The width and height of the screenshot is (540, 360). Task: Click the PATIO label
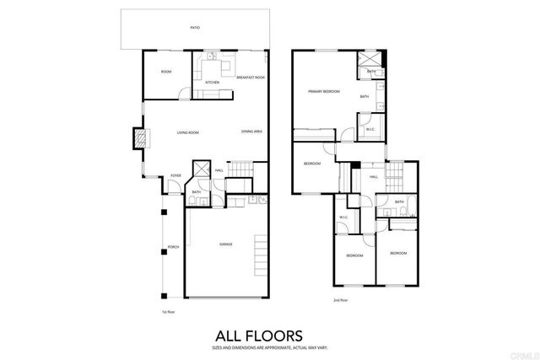click(195, 28)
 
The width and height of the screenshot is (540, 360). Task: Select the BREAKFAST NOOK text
click(251, 77)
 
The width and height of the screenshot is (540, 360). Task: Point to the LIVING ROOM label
click(187, 132)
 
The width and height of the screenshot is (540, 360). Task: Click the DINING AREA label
click(251, 132)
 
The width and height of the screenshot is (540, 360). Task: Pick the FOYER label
click(175, 175)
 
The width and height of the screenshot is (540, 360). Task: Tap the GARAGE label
click(225, 244)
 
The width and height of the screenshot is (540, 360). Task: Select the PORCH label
click(174, 247)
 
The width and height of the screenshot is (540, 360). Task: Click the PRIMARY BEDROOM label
click(324, 91)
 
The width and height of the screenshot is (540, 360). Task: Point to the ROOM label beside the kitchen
click(166, 72)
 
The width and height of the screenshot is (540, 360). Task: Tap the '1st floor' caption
click(168, 313)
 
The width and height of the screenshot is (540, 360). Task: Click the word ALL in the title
click(226, 335)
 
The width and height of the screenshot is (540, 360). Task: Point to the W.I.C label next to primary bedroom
click(370, 129)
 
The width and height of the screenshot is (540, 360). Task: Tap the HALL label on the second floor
click(373, 177)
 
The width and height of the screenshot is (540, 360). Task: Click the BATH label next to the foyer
click(196, 192)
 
